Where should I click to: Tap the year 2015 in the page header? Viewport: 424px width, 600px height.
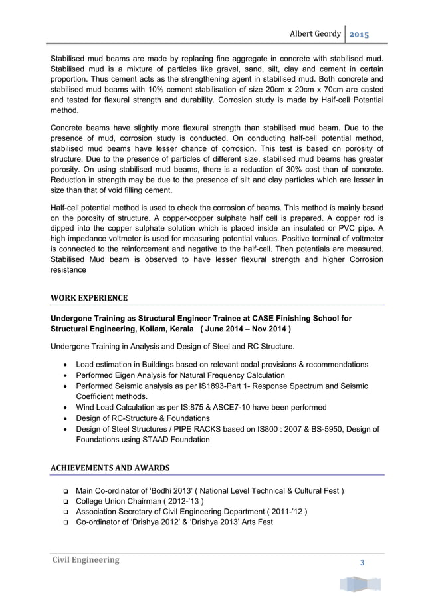(x=361, y=33)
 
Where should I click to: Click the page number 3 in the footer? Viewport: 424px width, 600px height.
(x=362, y=563)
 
